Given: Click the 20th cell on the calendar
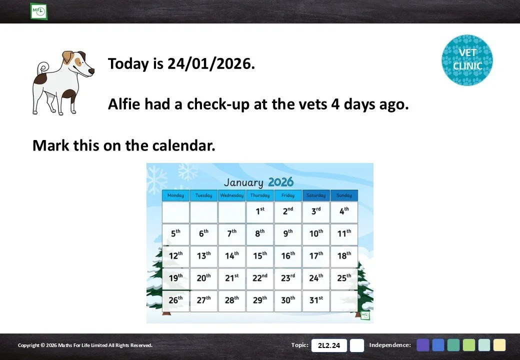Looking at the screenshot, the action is tap(203, 279).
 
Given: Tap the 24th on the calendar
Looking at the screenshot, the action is tap(316, 279).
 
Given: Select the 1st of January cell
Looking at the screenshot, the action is tap(260, 212).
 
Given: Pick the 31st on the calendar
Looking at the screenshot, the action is tap(316, 301).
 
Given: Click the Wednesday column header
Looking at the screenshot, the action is tap(232, 195).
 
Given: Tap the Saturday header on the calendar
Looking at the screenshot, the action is tap(316, 195).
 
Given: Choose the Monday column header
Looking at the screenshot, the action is tap(176, 195).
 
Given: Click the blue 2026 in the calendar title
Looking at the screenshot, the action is tap(280, 182).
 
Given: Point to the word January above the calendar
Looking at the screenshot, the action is tap(243, 182).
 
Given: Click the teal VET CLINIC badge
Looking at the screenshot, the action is tap(467, 60).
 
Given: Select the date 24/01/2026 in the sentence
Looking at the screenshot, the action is tap(211, 63).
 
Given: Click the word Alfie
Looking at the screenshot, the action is tap(124, 104).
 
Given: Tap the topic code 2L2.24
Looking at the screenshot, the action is tap(329, 345).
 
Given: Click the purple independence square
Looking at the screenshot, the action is tap(423, 345).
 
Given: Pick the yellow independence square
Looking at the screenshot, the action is tap(499, 345).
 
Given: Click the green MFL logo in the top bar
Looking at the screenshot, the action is tap(38, 11).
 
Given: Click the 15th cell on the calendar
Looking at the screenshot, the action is tap(260, 256).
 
